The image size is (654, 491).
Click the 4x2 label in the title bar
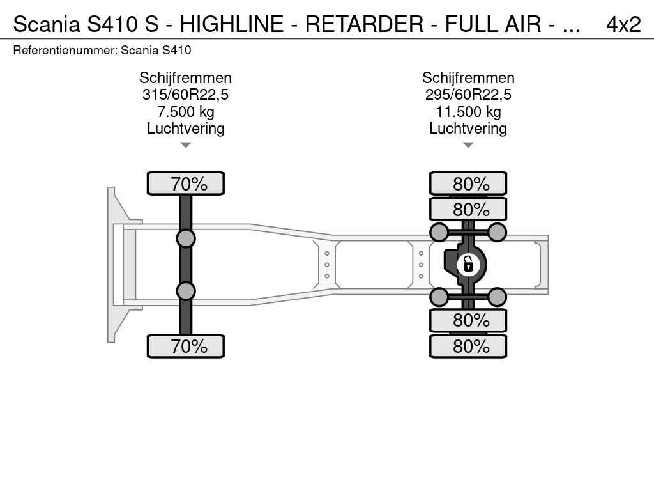pos(623,24)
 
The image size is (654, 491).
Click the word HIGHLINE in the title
pos(231,24)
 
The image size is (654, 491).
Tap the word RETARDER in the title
pos(364,24)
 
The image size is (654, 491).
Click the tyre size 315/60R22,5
pos(185,95)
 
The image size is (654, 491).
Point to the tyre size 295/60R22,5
pos(468,95)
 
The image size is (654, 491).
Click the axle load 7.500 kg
pos(185,112)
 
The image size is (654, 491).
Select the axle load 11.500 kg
pos(468,112)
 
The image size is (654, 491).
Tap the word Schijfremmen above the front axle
pos(185,78)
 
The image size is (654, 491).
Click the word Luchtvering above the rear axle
pos(468,128)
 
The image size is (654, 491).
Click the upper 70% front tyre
pos(186,183)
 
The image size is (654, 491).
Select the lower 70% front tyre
pos(186,346)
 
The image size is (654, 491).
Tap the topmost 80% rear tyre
pos(468,183)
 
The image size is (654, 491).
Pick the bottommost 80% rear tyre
pos(468,346)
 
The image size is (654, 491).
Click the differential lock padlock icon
pos(468,265)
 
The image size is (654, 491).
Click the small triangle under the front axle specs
pos(186,145)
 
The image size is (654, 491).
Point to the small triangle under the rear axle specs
pos(468,145)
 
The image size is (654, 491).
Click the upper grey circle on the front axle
pos(186,239)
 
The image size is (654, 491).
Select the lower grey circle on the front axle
pos(186,291)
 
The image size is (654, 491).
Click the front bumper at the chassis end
pos(111,265)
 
